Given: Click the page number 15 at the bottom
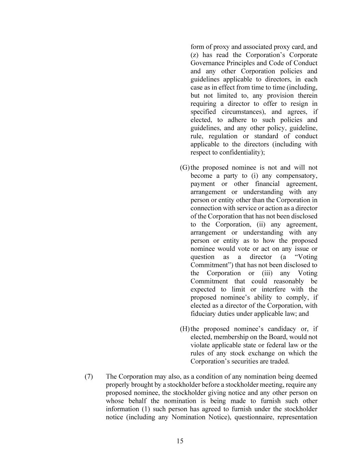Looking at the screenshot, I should pyautogui.click(x=180, y=441).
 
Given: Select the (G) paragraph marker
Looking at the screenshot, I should pyautogui.click(x=185, y=168).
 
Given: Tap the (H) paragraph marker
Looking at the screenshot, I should pyautogui.click(x=185, y=329).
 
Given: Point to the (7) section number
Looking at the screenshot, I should pyautogui.click(x=89, y=377).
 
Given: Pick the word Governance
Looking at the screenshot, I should pyautogui.click(x=207, y=63).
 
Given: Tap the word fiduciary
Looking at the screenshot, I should pyautogui.click(x=203, y=314).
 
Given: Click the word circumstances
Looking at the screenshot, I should pyautogui.click(x=241, y=112).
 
